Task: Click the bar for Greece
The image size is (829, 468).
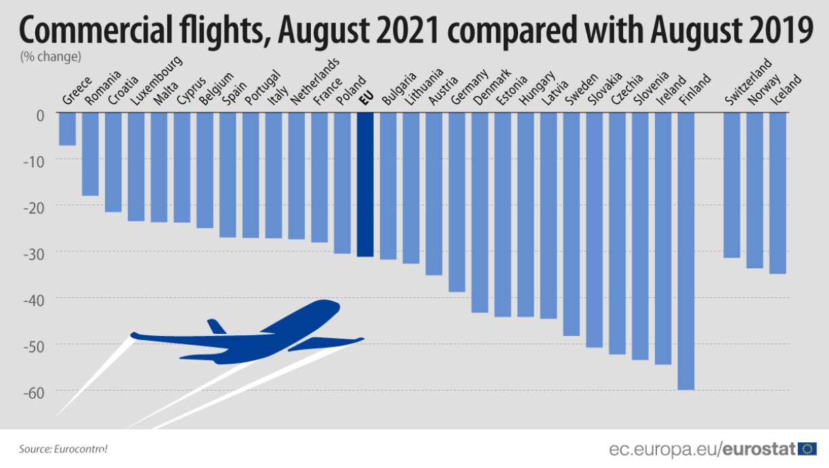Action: [67, 129]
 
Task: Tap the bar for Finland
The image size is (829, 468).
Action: [686, 251]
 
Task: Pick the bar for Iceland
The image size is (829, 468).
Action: [778, 192]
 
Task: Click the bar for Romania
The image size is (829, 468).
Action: [90, 154]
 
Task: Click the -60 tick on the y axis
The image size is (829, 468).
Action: [33, 391]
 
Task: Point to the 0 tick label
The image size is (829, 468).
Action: [40, 114]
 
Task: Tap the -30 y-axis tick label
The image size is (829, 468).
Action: [33, 252]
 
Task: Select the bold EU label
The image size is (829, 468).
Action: [366, 100]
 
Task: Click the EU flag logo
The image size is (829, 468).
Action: [807, 448]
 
